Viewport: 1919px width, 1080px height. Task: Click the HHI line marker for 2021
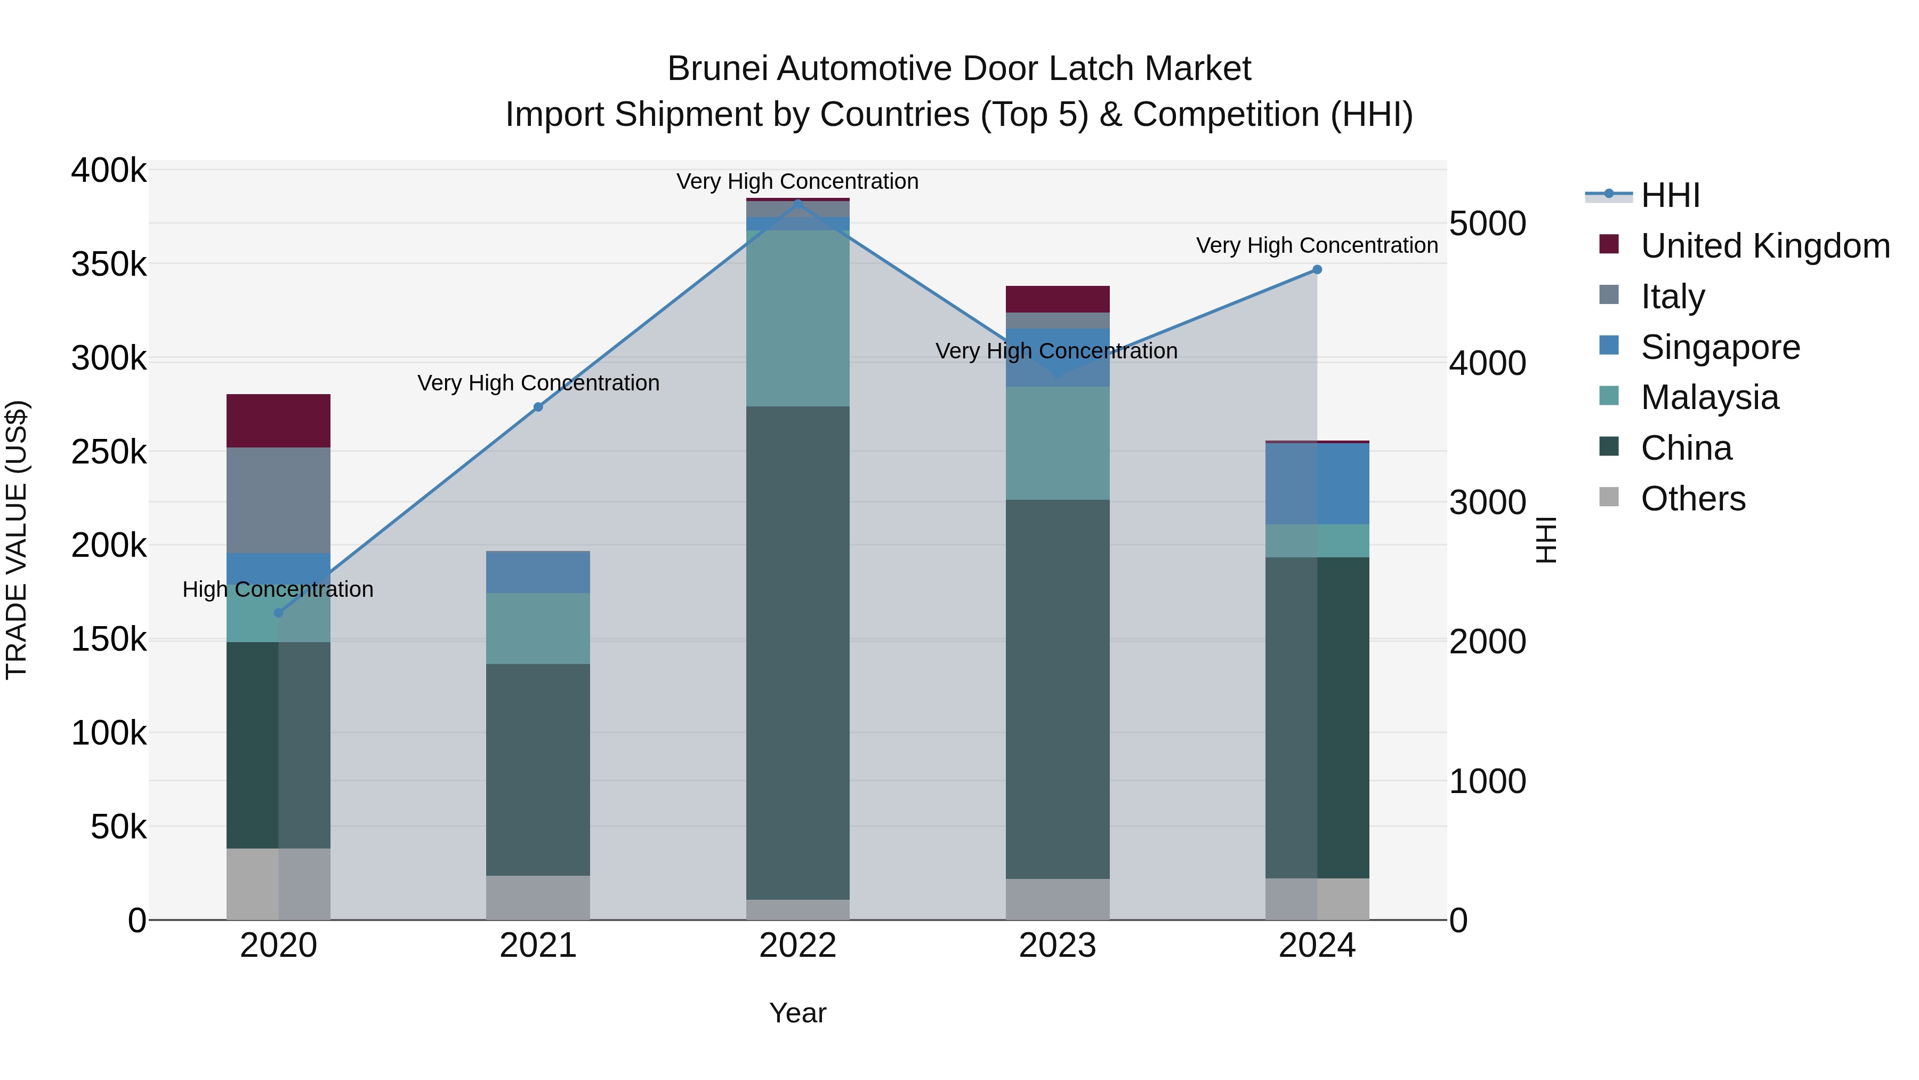click(538, 407)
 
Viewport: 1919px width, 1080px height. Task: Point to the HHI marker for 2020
click(279, 613)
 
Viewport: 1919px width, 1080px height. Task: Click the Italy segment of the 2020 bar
click(279, 500)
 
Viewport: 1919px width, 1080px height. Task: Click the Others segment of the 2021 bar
click(538, 898)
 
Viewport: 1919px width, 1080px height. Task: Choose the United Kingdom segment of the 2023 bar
click(1057, 299)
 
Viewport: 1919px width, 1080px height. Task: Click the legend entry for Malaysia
click(1709, 397)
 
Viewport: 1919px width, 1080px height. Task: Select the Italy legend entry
click(1672, 297)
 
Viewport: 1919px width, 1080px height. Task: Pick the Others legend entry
click(1692, 499)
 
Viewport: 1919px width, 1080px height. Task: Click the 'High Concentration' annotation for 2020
click(278, 589)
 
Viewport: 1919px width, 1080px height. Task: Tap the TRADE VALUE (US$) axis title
click(17, 540)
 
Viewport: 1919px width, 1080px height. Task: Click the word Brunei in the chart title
click(716, 69)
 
